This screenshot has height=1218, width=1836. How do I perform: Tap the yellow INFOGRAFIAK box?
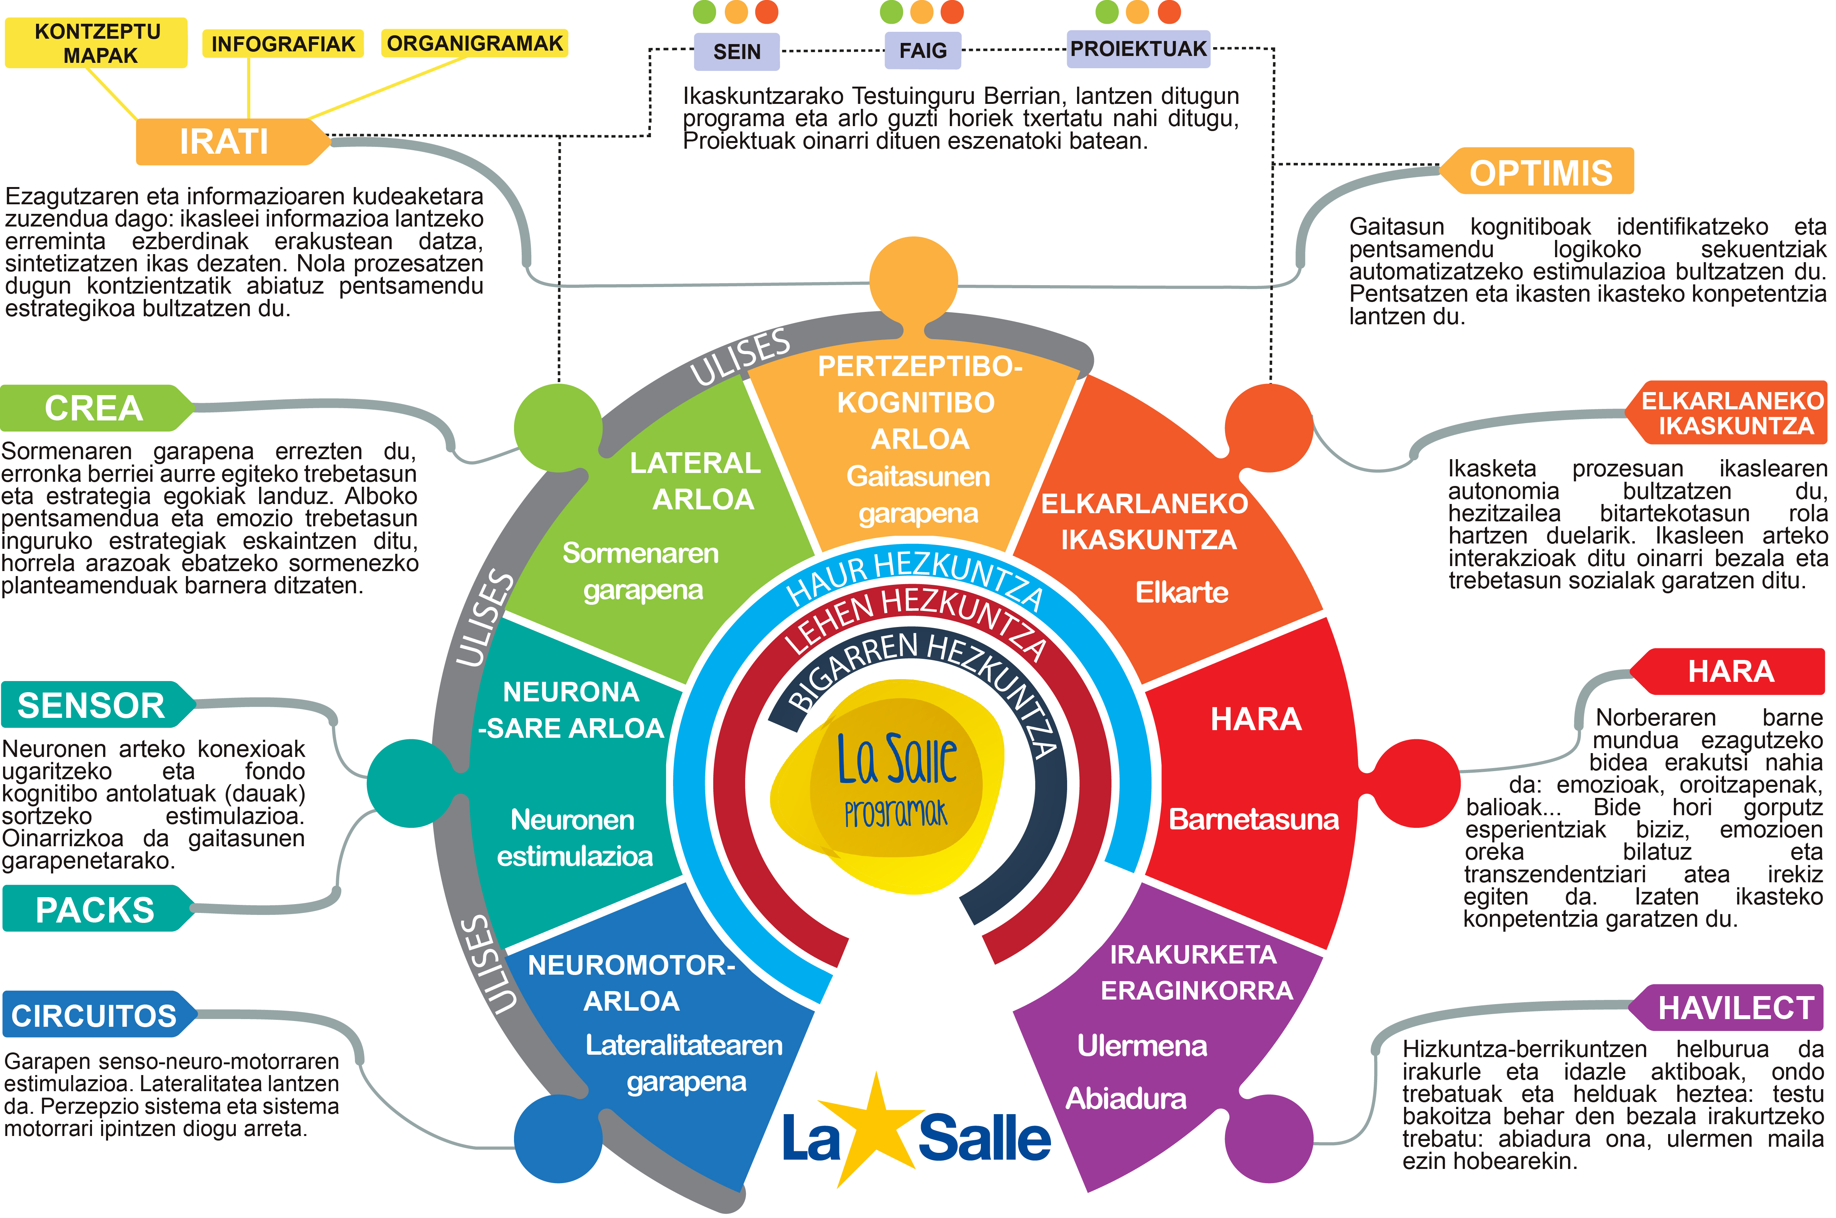pos(283,44)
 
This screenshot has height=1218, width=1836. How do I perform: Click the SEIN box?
pos(737,51)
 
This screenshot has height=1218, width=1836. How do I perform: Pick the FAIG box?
pos(923,51)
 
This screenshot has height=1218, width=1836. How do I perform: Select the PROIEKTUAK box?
pos(1138,49)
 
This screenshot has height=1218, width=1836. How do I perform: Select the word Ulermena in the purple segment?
pos(1142,1046)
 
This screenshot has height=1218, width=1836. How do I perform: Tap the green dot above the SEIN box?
pos(705,12)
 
